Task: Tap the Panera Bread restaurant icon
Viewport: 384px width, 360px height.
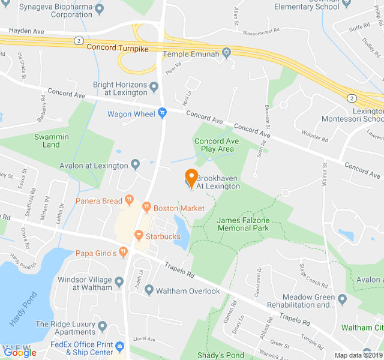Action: point(129,201)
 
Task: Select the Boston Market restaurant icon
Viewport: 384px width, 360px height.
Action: point(146,208)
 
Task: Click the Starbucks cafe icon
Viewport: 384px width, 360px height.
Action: point(139,236)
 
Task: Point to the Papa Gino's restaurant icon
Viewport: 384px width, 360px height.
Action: point(124,253)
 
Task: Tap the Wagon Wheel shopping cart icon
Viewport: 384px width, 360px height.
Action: point(162,113)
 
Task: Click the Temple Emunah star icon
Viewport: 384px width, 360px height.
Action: point(226,53)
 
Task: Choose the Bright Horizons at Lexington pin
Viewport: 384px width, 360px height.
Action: point(154,88)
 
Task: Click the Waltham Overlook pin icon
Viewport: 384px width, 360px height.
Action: point(149,290)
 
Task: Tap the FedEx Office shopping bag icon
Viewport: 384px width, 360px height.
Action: point(120,347)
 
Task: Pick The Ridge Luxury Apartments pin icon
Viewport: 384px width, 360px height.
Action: point(102,327)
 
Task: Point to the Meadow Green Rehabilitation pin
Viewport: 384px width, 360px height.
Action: point(342,299)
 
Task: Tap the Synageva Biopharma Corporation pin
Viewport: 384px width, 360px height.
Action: point(99,9)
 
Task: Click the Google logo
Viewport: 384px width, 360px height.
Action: point(20,353)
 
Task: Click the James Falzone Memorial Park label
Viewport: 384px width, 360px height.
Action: point(243,224)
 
